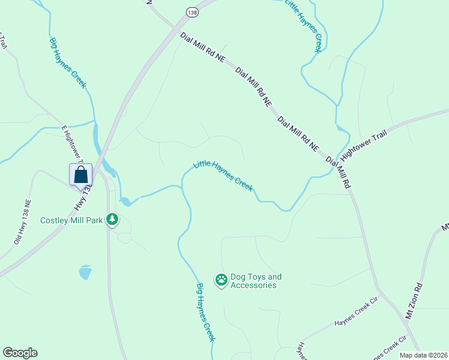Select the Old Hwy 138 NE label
tap(22, 222)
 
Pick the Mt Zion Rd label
tap(414, 301)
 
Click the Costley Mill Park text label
tap(71, 220)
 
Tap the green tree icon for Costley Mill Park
tap(112, 220)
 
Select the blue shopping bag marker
tap(81, 175)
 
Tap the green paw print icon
tap(221, 280)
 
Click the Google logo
tap(20, 353)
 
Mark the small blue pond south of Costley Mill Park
tap(85, 272)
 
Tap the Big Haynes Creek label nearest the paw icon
tap(206, 312)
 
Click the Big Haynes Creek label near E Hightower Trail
tap(68, 61)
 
